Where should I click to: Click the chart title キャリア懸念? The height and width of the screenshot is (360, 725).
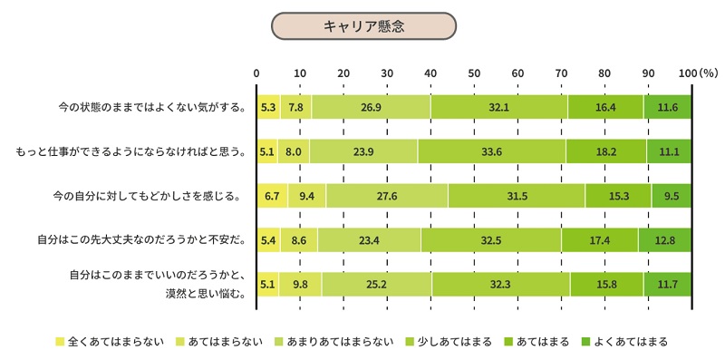pos(362,26)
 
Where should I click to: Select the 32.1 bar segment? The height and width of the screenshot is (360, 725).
pos(498,107)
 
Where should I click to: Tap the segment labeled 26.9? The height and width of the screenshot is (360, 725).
pos(370,107)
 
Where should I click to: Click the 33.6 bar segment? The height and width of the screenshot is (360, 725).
pos(491,151)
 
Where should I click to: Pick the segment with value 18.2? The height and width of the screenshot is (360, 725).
pos(606,151)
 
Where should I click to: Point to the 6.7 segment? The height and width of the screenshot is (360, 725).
pos(272,196)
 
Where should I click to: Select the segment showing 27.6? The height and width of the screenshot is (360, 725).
pos(387,196)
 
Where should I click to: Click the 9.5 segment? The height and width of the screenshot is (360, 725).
pos(671,196)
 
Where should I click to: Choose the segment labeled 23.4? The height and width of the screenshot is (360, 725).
pos(369,240)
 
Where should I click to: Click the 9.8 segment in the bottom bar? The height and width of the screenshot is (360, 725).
pos(300,284)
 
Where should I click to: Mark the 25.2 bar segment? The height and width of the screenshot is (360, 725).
pos(376,284)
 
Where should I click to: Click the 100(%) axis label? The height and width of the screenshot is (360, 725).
pos(697,73)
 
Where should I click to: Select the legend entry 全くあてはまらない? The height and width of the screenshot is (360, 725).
pos(110,342)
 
